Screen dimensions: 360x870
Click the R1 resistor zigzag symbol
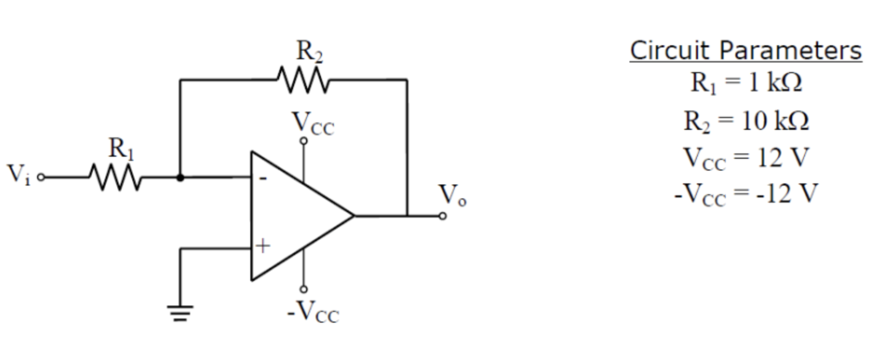115,177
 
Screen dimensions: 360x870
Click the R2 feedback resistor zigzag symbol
303,80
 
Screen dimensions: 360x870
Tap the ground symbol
180,313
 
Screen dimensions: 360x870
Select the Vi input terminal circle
41,177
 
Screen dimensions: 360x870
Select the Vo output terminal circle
443,216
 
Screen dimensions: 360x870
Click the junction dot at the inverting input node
180,177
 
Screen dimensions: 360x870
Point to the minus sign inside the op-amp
263,179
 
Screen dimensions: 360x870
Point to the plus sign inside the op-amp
263,246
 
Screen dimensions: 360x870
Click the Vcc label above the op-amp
312,124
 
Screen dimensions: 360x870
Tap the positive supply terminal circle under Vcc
303,141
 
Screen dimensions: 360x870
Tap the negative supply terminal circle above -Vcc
303,289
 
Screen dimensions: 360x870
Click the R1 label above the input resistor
121,148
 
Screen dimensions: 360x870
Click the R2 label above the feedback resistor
309,51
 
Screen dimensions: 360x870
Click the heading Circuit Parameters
745,51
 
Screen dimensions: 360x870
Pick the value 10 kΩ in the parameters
775,121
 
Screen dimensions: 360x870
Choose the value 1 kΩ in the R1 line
775,82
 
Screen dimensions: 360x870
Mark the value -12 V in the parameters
786,194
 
